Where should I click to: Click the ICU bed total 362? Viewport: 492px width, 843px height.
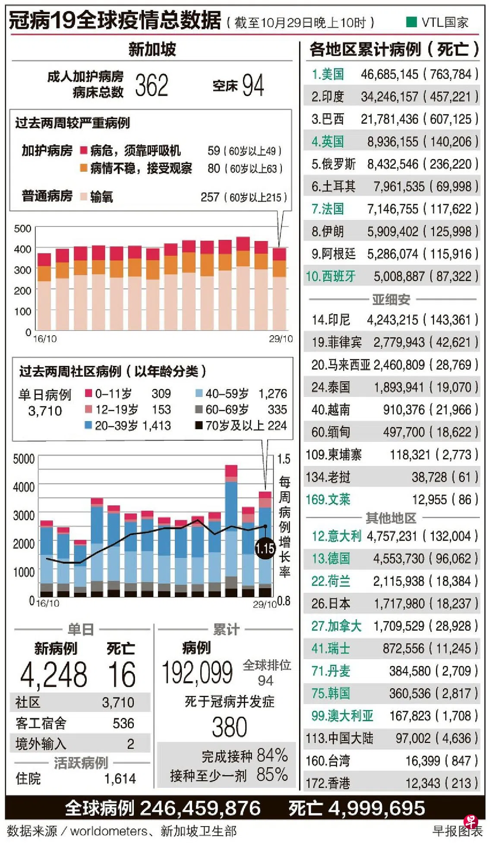click(x=151, y=85)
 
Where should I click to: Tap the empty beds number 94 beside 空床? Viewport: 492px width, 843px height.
click(x=252, y=85)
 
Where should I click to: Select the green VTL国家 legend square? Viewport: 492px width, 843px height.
click(x=411, y=22)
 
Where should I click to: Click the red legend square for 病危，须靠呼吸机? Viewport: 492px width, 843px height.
click(x=84, y=151)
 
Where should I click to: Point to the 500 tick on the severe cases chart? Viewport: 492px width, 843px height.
click(x=22, y=228)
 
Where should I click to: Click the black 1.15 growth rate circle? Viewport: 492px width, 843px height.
click(x=265, y=548)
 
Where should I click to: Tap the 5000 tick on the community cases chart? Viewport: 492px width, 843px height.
click(x=24, y=459)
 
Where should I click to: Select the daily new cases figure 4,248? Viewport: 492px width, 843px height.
click(x=54, y=675)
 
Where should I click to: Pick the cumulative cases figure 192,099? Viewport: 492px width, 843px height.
click(x=197, y=672)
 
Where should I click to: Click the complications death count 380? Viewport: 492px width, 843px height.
click(x=229, y=727)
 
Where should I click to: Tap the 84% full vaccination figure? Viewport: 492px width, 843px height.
click(x=272, y=755)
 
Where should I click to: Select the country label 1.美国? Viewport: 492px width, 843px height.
click(x=328, y=74)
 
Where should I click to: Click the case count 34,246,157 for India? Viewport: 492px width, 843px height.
click(x=390, y=97)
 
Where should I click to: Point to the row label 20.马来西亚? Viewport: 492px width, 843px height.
click(x=341, y=365)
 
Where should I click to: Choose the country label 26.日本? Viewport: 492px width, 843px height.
click(x=331, y=603)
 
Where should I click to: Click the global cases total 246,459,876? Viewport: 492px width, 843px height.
click(x=200, y=808)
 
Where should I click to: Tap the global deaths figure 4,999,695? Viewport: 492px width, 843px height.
click(x=377, y=808)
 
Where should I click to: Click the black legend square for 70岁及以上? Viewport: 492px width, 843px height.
click(x=199, y=425)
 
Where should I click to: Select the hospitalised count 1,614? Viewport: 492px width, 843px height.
click(x=120, y=778)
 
